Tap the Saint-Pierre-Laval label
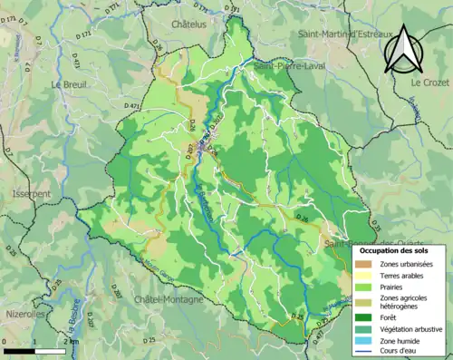coord(290,67)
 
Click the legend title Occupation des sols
coord(398,249)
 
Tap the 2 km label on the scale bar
coord(71,341)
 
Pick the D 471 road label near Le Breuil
coord(134,107)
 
